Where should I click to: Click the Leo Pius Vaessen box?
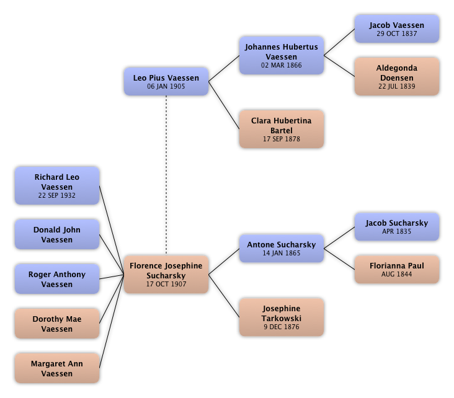(x=166, y=82)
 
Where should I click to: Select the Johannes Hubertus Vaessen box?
(x=281, y=56)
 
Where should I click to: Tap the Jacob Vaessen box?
(x=396, y=29)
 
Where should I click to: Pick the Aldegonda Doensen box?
(x=396, y=76)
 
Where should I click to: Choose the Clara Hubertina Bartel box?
(x=281, y=130)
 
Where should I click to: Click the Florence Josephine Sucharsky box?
(x=166, y=275)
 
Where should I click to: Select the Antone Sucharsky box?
(x=281, y=249)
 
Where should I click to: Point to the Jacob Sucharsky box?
(x=396, y=227)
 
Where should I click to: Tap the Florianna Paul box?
(x=396, y=269)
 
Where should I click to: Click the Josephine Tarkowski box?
(x=281, y=317)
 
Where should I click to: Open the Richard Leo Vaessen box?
(x=57, y=186)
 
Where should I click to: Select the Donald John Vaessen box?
(x=57, y=234)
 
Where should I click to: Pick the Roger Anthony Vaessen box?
(x=57, y=279)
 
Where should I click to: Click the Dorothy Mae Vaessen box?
(x=57, y=324)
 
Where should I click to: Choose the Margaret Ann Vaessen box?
(x=57, y=368)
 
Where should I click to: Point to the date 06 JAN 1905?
(x=166, y=87)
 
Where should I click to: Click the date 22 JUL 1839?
(x=396, y=86)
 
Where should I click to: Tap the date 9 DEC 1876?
(x=281, y=327)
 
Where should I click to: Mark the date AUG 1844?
(x=396, y=275)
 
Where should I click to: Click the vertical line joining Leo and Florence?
(x=166, y=174)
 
